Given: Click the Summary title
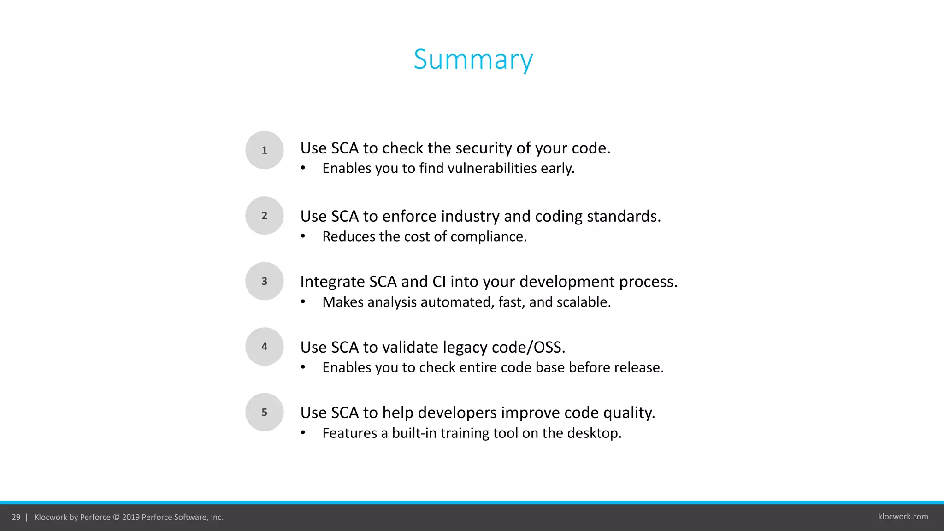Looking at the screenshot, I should point(473,59).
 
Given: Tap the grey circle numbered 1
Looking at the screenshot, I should point(264,150).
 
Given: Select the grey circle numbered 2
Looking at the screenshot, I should point(264,216).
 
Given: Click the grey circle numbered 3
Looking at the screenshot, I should point(264,281).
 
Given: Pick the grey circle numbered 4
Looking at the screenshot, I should point(264,347).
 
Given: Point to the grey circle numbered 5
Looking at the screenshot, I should point(264,412).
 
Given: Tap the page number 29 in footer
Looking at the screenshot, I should point(16,517).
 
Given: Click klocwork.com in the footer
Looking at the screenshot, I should point(903,517).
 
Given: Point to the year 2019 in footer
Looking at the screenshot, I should point(131,517).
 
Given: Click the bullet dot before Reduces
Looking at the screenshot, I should point(303,236).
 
